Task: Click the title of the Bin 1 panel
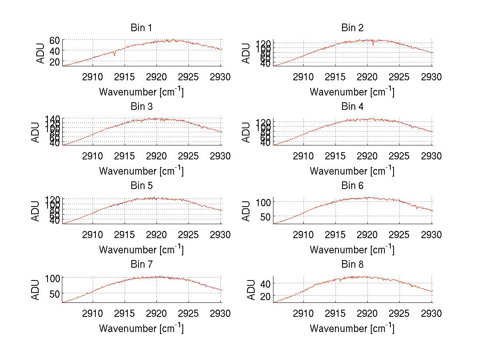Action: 141,28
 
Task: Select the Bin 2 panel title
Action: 352,28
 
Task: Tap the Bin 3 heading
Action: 141,107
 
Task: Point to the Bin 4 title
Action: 352,107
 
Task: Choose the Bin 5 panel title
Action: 141,186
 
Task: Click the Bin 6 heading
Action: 352,186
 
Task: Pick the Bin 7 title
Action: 141,265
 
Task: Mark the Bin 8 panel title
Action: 352,265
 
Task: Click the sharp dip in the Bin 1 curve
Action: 115,55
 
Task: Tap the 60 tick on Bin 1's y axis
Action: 55,40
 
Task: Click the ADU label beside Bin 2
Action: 246,53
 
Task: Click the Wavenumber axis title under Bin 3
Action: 141,171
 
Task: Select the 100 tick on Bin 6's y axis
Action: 264,202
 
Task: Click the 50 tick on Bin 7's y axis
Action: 55,293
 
